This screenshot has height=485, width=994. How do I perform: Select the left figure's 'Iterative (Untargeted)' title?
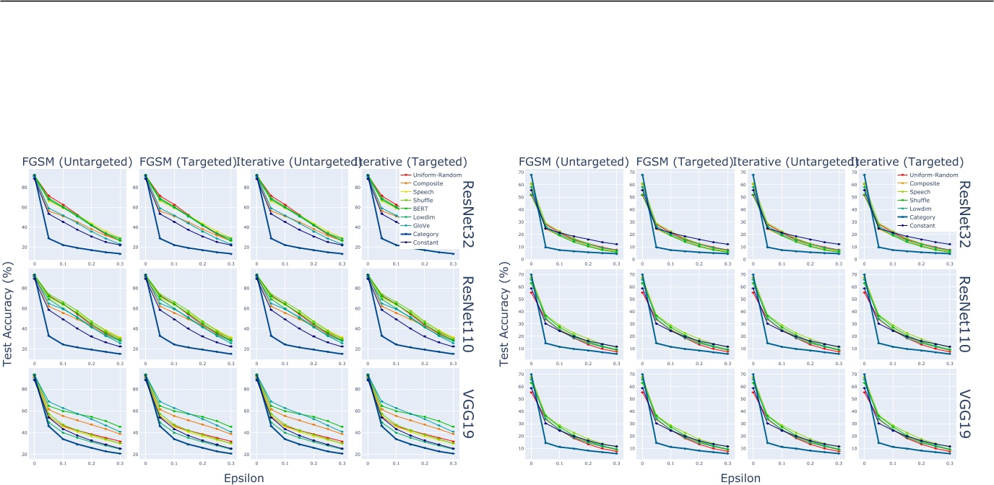pos(295,162)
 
